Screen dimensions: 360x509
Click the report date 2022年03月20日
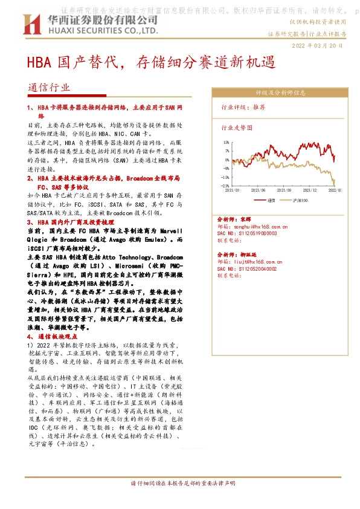click(318, 45)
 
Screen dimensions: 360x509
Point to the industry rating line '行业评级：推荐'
click(243, 107)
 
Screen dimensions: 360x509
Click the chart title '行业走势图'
click(237, 128)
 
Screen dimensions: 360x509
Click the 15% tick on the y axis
click(226, 143)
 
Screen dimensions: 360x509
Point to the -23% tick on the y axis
click(225, 186)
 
